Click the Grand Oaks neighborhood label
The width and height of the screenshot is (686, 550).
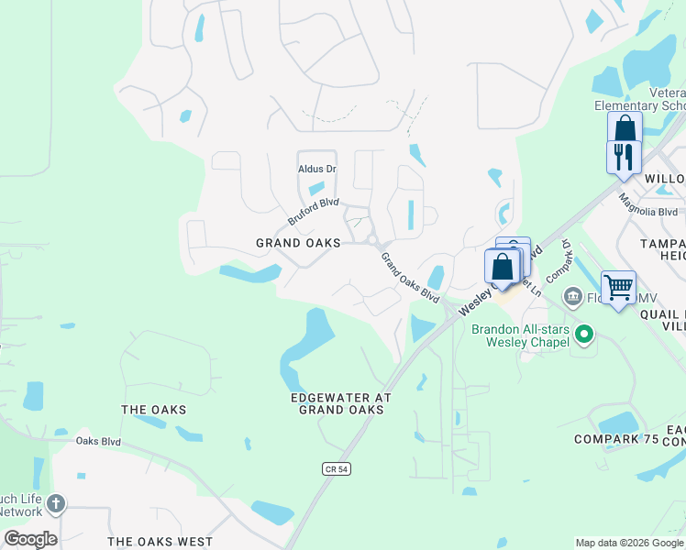[298, 243]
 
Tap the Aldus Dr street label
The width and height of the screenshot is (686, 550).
[317, 169]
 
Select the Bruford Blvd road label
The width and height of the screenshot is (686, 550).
[314, 212]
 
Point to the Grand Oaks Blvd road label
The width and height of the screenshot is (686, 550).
[410, 278]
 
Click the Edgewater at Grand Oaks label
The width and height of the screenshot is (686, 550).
[341, 403]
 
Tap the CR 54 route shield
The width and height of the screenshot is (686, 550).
[337, 468]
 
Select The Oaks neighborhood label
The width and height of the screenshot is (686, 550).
[154, 409]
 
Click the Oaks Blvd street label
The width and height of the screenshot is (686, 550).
[98, 441]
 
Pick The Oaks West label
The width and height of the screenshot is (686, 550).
[160, 542]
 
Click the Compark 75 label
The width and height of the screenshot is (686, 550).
[616, 439]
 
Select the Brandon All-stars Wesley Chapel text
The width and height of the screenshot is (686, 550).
[519, 336]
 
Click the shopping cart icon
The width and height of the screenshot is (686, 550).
[618, 287]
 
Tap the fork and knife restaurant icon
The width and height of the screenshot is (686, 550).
[623, 155]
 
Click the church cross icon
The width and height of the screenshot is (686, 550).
[56, 503]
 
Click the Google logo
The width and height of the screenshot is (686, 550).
[30, 539]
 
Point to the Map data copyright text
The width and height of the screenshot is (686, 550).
[629, 543]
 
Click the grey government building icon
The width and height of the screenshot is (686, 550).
[573, 296]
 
